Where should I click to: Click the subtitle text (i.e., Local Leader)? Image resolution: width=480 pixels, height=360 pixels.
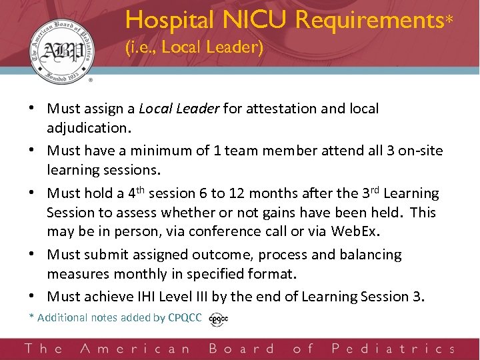(194, 48)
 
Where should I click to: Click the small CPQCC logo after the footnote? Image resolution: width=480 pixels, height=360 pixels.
(218, 319)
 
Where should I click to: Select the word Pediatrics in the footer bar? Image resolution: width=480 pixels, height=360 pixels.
(393, 348)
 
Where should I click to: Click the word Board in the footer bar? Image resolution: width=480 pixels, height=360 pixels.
(241, 348)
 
